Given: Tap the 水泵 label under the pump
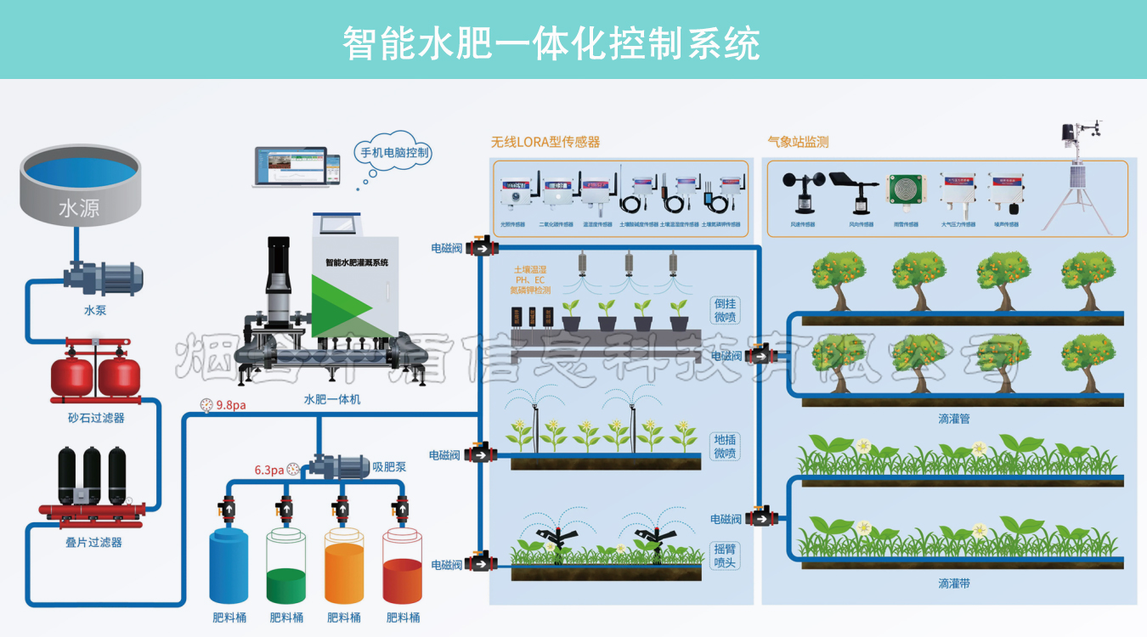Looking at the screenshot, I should (95, 311).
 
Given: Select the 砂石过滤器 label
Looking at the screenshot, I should (96, 418).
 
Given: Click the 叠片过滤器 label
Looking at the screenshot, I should (93, 542).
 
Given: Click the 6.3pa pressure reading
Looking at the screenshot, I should (270, 470).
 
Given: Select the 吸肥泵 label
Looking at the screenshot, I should (389, 466).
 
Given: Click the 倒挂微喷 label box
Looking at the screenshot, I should (726, 310).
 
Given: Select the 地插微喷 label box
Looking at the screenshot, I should (725, 447).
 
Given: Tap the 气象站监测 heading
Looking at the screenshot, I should (798, 142).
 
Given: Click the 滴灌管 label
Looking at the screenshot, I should (954, 419).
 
